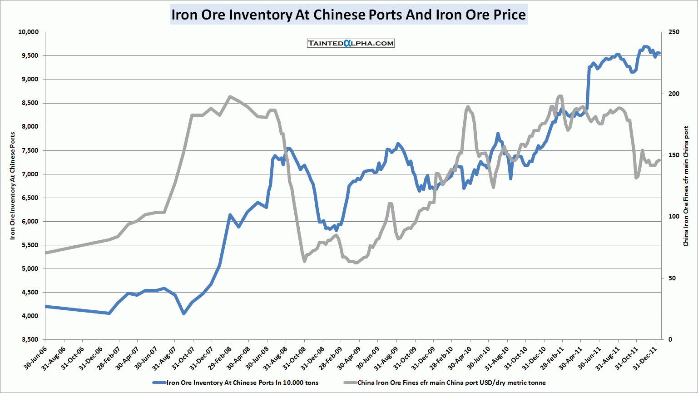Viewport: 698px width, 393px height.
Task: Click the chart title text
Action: pyautogui.click(x=348, y=15)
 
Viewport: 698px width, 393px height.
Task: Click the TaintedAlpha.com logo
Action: pyautogui.click(x=351, y=43)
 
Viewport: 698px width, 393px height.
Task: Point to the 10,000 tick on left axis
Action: pyautogui.click(x=28, y=32)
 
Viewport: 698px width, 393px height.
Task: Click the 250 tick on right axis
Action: pyautogui.click(x=674, y=32)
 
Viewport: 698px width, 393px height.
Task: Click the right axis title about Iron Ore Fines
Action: pyautogui.click(x=686, y=186)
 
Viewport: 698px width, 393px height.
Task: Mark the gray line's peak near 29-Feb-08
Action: pyautogui.click(x=230, y=96)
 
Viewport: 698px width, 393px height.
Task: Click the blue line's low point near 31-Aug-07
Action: pyautogui.click(x=183, y=313)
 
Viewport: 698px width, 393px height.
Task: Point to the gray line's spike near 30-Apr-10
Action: pyautogui.click(x=468, y=107)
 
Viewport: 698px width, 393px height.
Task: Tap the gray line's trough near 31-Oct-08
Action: pyautogui.click(x=304, y=261)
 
